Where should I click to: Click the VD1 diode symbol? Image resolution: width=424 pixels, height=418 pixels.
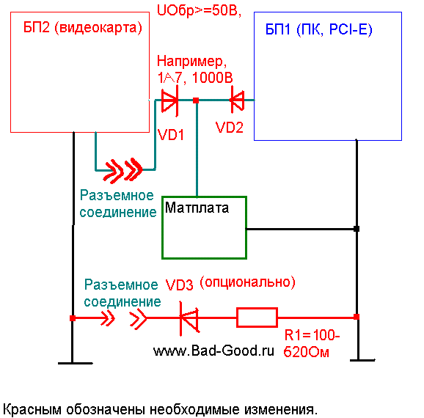169,100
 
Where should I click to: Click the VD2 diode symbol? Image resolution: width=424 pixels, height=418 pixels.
238,100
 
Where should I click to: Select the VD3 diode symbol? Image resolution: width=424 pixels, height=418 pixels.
189,318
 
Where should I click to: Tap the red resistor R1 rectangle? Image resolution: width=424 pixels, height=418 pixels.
257,318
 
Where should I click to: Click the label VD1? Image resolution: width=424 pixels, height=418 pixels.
171,134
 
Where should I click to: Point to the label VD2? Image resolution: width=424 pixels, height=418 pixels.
230,128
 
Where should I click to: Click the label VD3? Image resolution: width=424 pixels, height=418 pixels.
179,285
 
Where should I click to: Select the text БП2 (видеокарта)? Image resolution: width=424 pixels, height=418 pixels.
82,28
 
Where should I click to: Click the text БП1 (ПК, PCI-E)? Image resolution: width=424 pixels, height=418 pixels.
319,29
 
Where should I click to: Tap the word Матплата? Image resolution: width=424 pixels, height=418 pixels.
197,208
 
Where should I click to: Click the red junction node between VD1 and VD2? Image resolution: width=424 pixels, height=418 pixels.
196,100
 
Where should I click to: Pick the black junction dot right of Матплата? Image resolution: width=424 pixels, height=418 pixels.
357,229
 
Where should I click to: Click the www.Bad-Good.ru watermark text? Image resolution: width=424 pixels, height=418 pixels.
213,351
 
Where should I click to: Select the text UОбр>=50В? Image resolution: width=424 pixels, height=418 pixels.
199,11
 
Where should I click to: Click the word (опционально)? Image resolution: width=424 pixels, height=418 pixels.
247,282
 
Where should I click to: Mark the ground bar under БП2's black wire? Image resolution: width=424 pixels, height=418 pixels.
76,363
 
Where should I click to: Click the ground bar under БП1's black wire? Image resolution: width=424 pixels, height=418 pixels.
362,360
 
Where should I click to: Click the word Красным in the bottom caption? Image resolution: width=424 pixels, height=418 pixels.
32,410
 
